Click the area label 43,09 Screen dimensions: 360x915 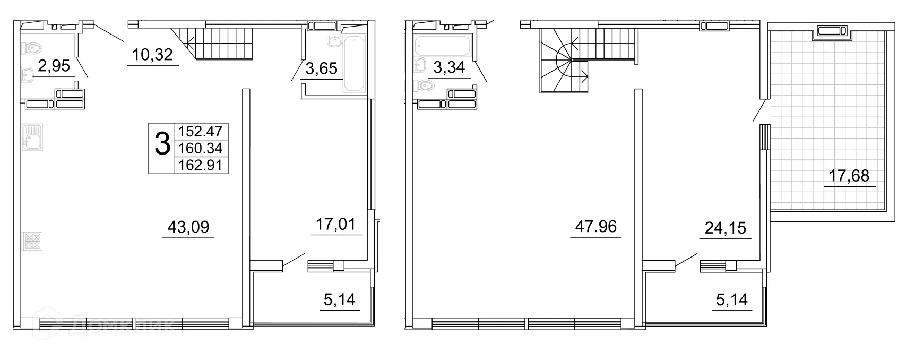(188, 227)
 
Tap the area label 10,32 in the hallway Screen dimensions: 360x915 (153, 54)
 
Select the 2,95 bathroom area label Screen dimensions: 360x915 (54, 66)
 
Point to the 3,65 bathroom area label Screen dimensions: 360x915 (322, 68)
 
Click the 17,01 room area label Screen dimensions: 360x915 (335, 224)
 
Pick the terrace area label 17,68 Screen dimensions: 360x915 (849, 176)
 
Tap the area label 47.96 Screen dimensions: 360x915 (596, 227)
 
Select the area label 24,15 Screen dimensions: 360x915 (725, 228)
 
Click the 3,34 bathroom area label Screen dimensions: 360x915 (449, 67)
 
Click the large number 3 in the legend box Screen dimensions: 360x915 (162, 144)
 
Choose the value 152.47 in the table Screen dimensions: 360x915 (201, 131)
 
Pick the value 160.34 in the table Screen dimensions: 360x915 (201, 148)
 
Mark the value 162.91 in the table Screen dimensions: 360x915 (201, 165)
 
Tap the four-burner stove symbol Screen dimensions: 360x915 (32, 241)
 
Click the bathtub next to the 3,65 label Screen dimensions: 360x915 (355, 64)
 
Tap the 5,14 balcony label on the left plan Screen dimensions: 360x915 (339, 299)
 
